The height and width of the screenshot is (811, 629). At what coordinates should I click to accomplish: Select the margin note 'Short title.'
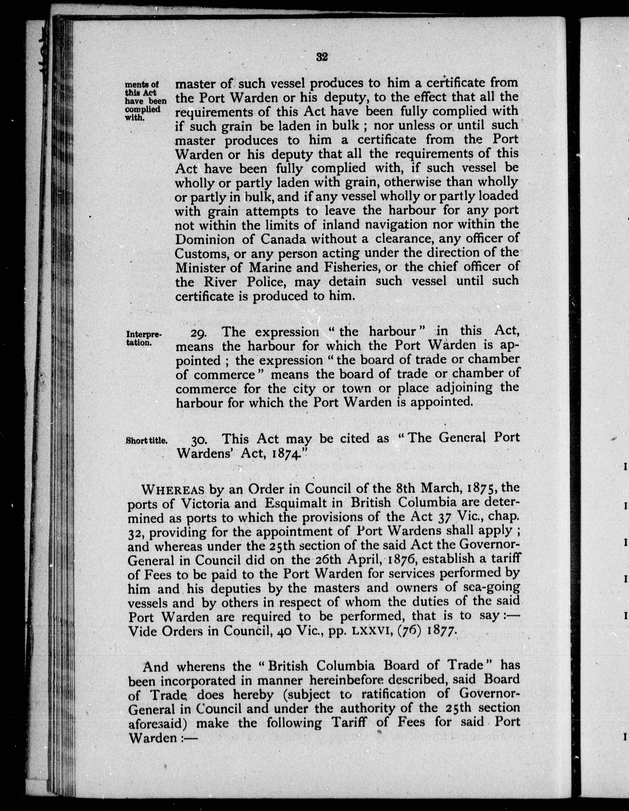(x=147, y=441)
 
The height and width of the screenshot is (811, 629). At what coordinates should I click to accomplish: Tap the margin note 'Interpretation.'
(x=143, y=338)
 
